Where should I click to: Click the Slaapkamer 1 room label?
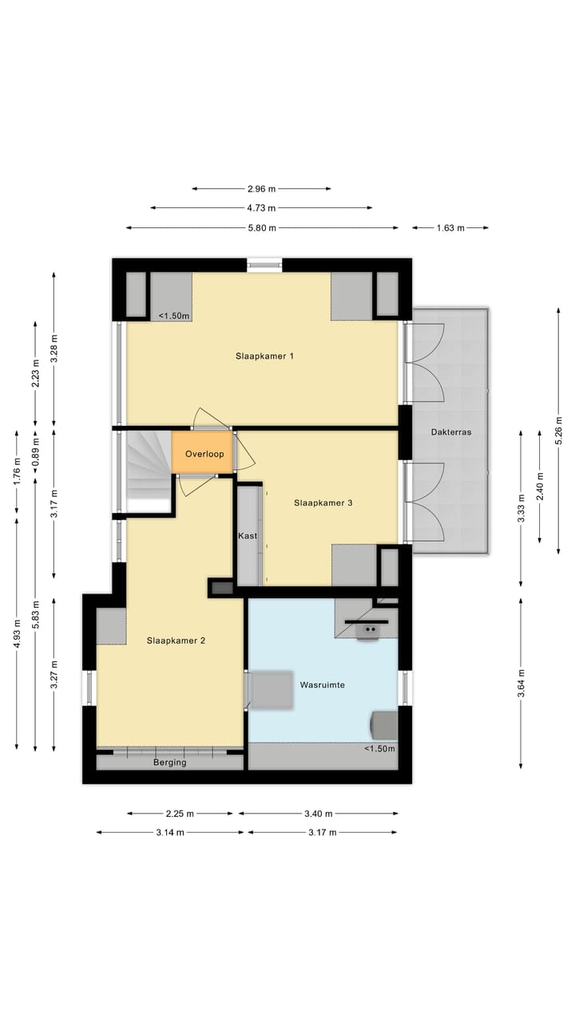264,356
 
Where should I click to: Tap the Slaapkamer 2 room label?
176,640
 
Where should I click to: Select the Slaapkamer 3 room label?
323,503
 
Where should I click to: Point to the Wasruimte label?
322,684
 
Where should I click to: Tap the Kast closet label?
248,536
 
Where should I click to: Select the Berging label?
169,763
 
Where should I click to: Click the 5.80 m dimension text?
261,228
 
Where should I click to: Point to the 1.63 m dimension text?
450,228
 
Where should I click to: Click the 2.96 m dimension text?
261,189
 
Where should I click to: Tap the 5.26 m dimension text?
558,430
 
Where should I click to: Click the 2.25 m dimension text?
180,814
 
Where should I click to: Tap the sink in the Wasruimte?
370,629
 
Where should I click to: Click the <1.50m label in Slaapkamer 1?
174,316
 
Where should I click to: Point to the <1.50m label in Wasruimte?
379,749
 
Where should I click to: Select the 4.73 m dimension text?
261,208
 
